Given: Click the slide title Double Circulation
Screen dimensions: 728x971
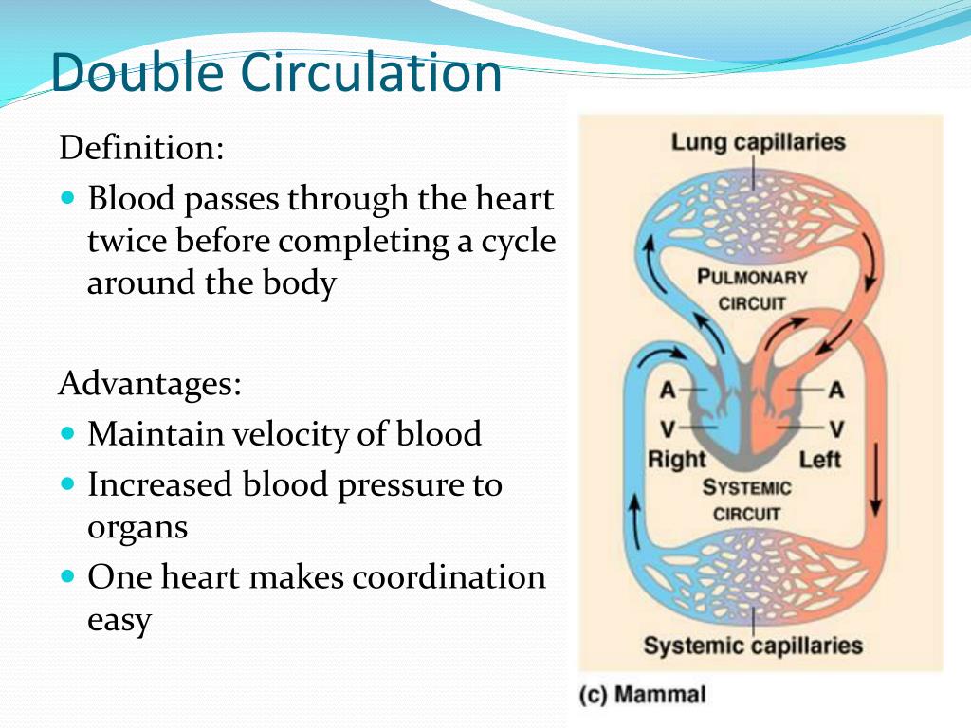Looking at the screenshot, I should click(x=275, y=72).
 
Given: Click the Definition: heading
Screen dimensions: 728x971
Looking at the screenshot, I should click(x=141, y=148).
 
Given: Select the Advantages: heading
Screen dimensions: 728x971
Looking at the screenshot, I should click(x=150, y=384).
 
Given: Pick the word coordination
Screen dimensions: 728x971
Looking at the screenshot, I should click(x=455, y=577).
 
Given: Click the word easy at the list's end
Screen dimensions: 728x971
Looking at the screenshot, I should click(x=119, y=621).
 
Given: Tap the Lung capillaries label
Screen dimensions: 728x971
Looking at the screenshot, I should click(x=758, y=142).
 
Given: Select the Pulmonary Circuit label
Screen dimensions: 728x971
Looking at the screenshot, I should click(x=752, y=290).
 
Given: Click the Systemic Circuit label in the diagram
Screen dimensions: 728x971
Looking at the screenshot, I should click(x=747, y=500).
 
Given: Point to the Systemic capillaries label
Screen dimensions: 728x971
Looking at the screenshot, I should click(x=753, y=646).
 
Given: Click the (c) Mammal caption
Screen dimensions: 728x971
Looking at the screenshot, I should click(x=643, y=695).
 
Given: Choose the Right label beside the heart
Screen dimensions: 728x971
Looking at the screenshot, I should click(x=676, y=460).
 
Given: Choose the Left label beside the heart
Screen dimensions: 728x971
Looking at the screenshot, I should click(x=820, y=460).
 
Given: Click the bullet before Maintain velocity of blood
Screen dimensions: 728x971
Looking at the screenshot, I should click(x=66, y=434).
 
